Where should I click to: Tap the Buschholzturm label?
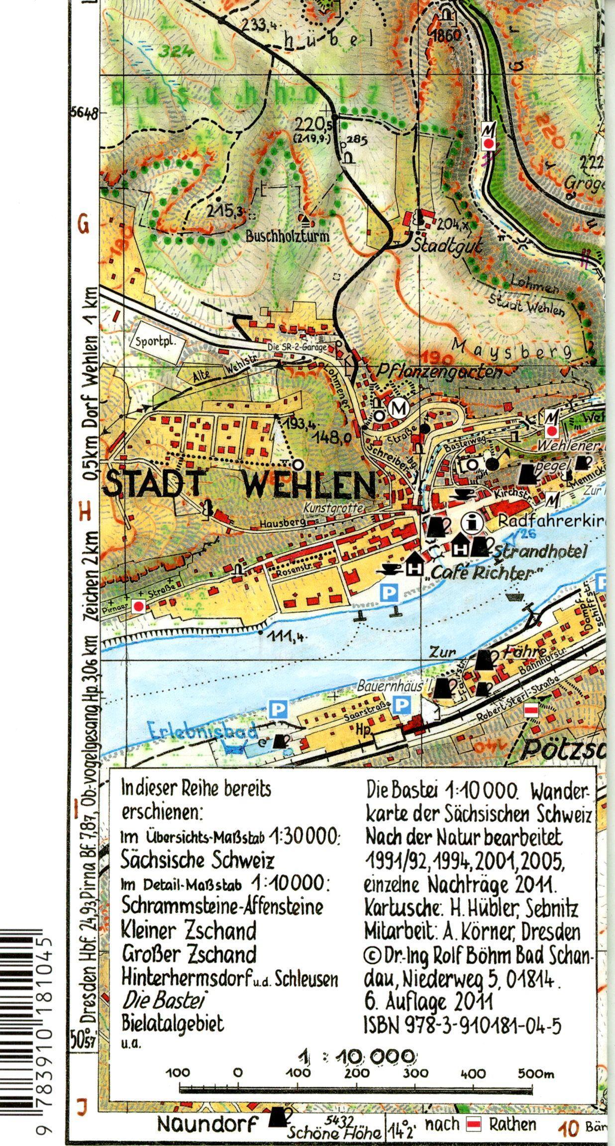[x=287, y=236]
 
